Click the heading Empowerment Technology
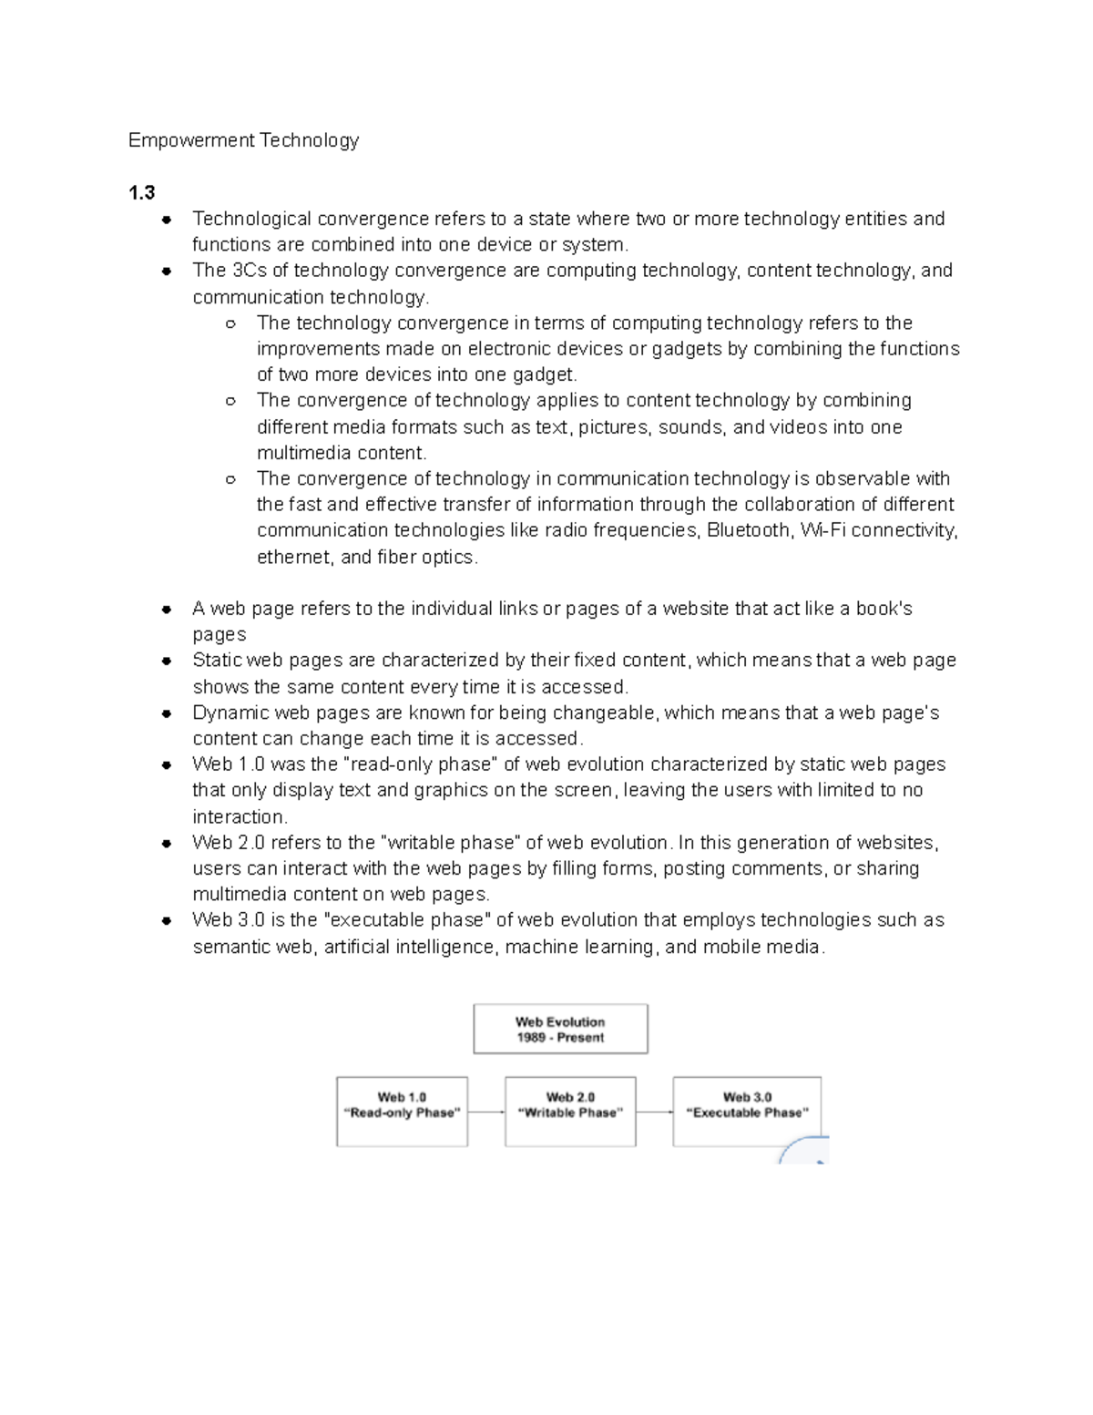click(243, 140)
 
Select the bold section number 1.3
click(141, 192)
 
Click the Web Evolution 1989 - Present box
click(560, 1030)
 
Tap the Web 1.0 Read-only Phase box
click(402, 1112)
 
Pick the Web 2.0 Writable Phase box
click(570, 1112)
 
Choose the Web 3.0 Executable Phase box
click(747, 1112)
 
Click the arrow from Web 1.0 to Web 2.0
click(486, 1113)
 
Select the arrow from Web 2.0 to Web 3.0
click(654, 1113)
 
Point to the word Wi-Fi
click(822, 530)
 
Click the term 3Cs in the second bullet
click(249, 271)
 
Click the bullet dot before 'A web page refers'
click(167, 610)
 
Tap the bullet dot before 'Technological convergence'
click(167, 220)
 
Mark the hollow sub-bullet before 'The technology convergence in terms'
click(230, 323)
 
